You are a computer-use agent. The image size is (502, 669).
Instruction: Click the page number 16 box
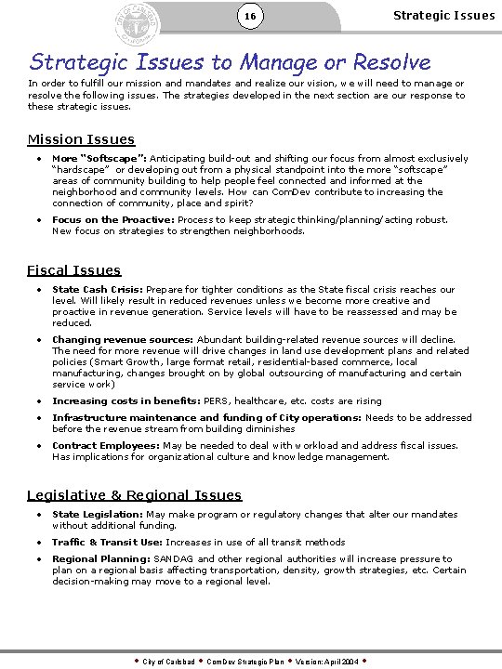(x=249, y=17)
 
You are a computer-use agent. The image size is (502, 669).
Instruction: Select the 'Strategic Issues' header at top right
(x=443, y=15)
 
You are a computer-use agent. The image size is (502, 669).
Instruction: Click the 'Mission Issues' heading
(x=81, y=139)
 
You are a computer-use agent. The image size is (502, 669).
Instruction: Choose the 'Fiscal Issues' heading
(x=73, y=269)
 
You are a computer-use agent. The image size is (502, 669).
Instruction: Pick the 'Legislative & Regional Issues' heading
(x=134, y=495)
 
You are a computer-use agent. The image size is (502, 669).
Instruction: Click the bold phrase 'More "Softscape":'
(x=99, y=158)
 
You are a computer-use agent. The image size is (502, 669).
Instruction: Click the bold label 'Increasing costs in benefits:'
(x=125, y=400)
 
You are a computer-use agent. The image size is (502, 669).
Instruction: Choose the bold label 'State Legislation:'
(x=98, y=515)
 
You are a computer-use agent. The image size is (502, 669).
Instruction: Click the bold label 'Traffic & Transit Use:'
(x=107, y=542)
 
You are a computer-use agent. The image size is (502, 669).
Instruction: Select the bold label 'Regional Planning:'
(x=101, y=559)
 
